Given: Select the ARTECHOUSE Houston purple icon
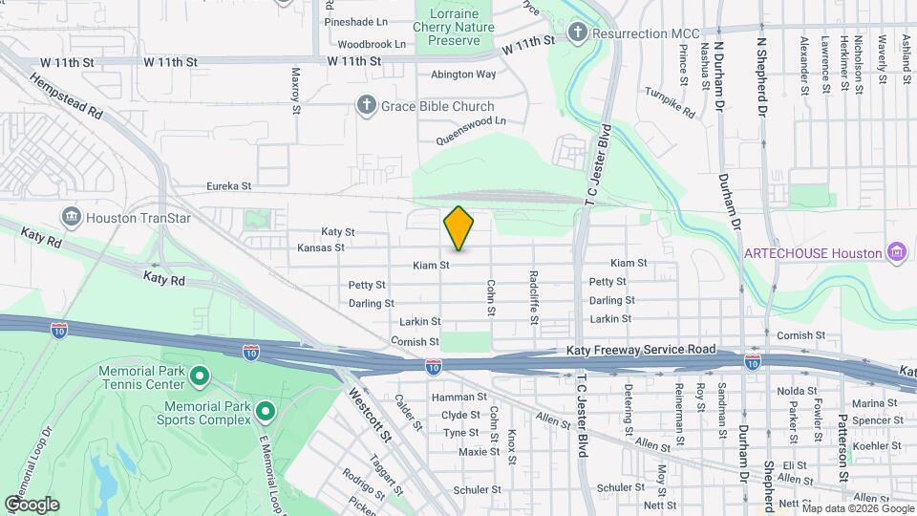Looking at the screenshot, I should point(896,252).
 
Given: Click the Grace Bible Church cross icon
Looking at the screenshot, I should point(365,105).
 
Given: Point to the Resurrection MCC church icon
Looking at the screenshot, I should point(576,33).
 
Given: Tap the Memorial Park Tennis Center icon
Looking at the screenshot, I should point(200,376).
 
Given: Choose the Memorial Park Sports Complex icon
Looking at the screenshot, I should point(266,413).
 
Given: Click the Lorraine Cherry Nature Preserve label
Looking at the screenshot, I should point(454,28).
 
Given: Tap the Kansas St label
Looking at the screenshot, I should point(320,247).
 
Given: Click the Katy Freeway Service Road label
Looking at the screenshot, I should point(639,350).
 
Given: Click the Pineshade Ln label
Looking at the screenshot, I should point(356,21).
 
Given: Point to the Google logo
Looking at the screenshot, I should point(32,505).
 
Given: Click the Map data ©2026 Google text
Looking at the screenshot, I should point(846,507).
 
